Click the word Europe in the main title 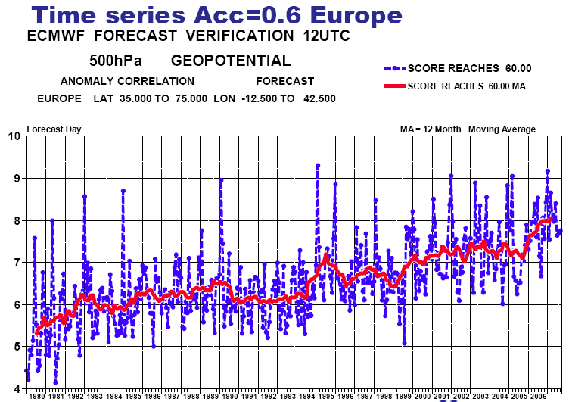tap(356, 16)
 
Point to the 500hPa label tap(116, 61)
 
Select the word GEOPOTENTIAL tap(231, 61)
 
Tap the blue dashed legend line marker tap(395, 68)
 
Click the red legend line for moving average tap(395, 86)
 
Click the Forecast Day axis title tap(54, 129)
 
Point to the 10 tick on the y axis tap(14, 136)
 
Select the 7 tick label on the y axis tap(17, 263)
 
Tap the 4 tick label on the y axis tap(17, 389)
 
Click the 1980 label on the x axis tap(36, 396)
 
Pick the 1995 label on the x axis tap(326, 396)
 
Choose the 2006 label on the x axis tap(538, 396)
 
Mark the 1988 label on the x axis tap(191, 396)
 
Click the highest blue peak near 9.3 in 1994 tap(318, 166)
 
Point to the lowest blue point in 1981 tap(55, 382)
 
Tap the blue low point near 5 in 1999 tap(405, 343)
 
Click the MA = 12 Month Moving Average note tap(468, 129)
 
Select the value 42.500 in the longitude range tap(319, 98)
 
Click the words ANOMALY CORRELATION tap(127, 81)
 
